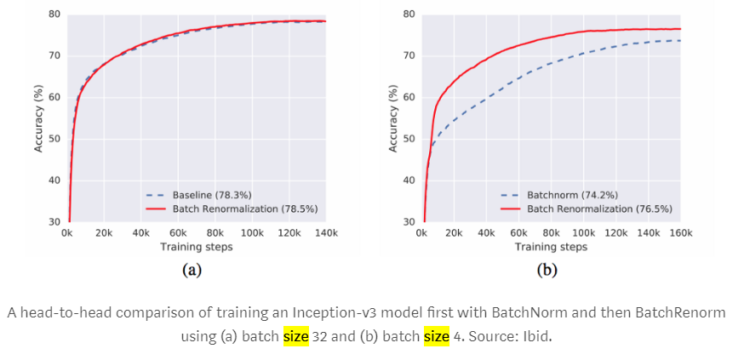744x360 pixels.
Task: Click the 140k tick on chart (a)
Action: pos(326,231)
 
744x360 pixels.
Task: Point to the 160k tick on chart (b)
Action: pos(680,231)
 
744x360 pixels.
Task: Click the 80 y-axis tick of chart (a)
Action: pos(54,14)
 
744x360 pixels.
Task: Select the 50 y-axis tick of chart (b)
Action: pos(409,139)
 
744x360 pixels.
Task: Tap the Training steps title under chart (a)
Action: pos(196,247)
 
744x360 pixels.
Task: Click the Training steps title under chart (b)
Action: pos(551,247)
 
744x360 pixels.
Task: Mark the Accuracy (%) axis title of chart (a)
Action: pos(37,117)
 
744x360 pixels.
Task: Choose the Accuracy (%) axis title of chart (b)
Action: pos(392,117)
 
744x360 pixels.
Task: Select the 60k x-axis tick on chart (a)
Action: pos(177,231)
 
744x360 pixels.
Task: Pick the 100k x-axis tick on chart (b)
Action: pos(583,231)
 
